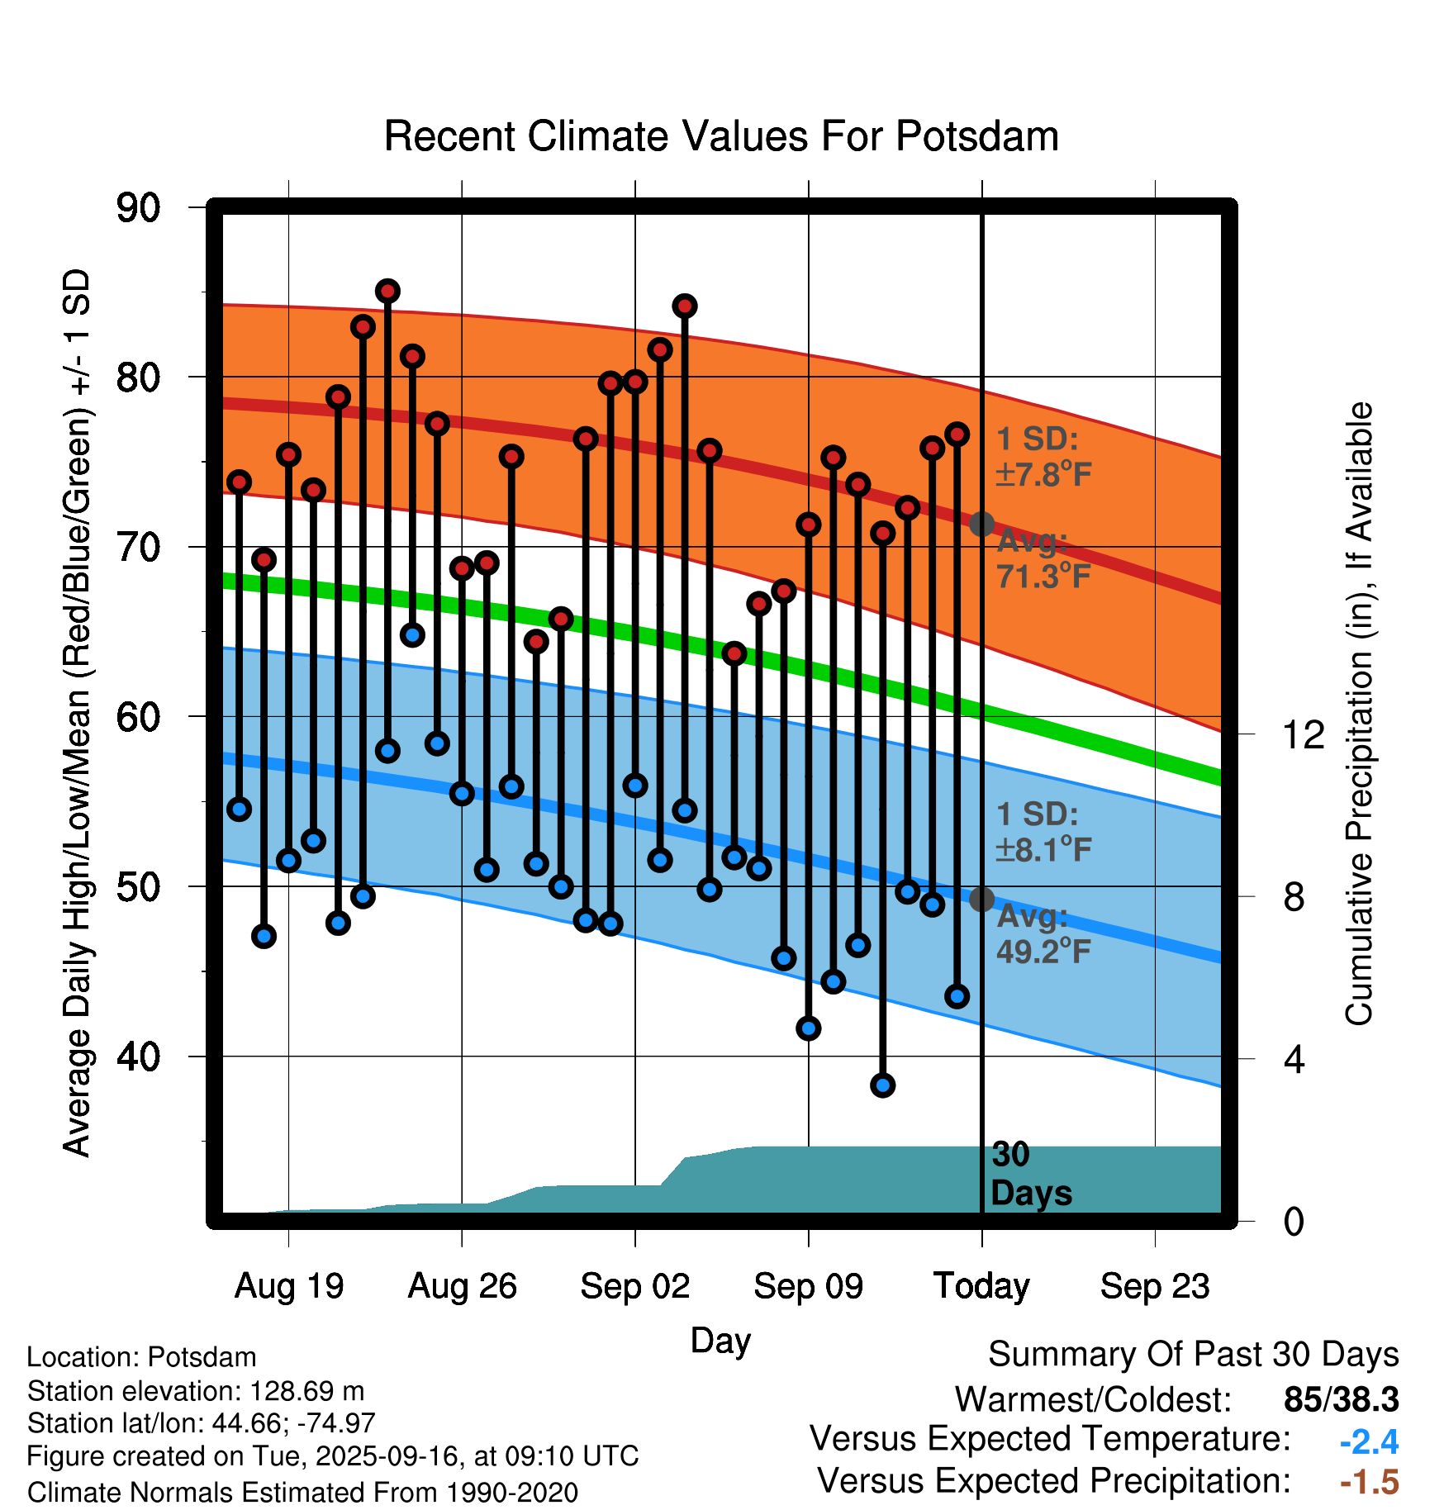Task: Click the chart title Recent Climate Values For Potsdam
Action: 721,136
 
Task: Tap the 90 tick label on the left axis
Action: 138,208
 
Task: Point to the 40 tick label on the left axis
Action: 138,1057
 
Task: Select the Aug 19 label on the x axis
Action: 289,1286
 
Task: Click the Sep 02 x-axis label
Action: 634,1286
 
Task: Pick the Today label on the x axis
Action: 981,1286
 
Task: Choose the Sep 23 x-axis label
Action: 1154,1286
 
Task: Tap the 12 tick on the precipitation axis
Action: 1303,734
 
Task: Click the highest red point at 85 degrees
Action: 387,291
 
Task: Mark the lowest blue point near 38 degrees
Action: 882,1085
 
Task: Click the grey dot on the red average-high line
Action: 981,524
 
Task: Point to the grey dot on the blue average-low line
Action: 981,899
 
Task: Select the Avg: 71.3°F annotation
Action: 1043,559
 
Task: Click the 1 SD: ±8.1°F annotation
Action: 1043,832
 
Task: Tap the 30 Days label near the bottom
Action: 1030,1174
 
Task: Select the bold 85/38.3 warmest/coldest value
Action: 1341,1399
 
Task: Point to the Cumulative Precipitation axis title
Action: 1359,715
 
